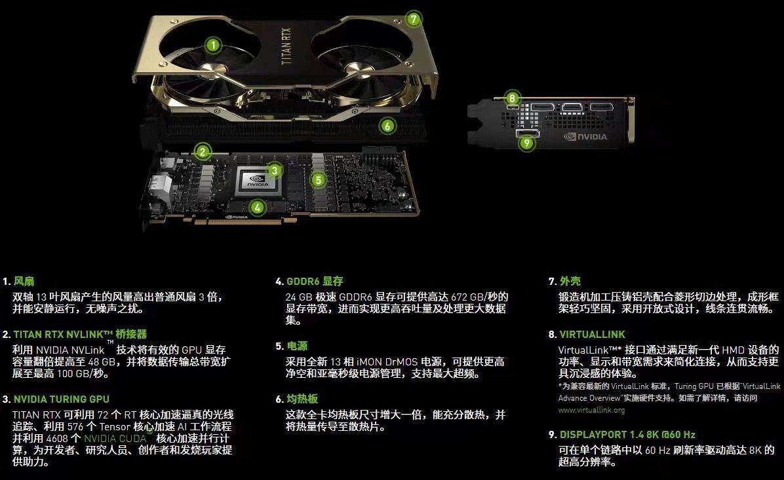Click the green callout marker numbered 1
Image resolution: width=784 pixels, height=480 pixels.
[x=212, y=45]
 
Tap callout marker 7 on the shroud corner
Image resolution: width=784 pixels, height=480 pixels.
[x=412, y=18]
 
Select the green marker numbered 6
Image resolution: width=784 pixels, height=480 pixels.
[x=388, y=125]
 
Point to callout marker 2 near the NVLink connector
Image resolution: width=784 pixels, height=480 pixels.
[x=203, y=152]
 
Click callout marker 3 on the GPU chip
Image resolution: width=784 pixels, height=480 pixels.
[x=275, y=171]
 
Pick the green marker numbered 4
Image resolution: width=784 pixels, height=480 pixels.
[x=258, y=208]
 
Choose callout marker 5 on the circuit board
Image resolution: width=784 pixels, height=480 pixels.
[x=318, y=179]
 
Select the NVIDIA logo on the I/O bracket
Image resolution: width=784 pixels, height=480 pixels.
[x=585, y=138]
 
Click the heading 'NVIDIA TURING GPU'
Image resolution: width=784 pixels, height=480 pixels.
[x=61, y=399]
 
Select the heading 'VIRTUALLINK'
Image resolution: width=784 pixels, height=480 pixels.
[x=592, y=335]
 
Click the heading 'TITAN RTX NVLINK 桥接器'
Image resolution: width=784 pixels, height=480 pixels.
[x=79, y=335]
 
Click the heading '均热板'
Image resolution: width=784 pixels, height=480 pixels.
[x=302, y=399]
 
